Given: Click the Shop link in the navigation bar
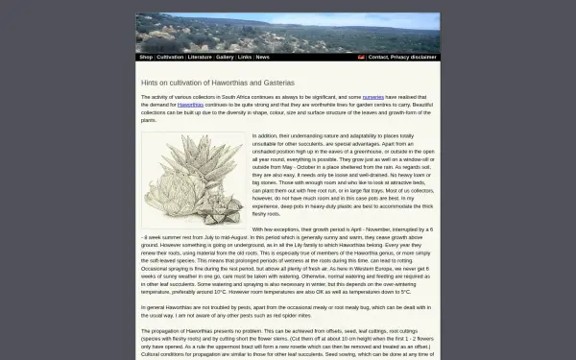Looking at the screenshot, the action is tap(146, 57).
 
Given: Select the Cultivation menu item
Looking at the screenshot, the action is tap(170, 57).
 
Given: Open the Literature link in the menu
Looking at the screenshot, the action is tap(200, 57).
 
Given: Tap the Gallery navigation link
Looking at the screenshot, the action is tap(225, 57).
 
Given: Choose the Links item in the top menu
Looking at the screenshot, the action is tap(245, 57).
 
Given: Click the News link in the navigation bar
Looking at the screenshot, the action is tap(262, 57).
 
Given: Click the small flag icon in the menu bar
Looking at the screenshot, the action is tap(361, 57).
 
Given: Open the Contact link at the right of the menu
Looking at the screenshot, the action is tap(378, 57).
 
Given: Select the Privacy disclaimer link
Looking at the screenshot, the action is tap(414, 57).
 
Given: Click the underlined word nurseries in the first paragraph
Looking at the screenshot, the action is tap(373, 97).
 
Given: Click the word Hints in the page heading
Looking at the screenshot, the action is tap(150, 83).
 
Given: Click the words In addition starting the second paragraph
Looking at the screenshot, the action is tap(266, 136).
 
